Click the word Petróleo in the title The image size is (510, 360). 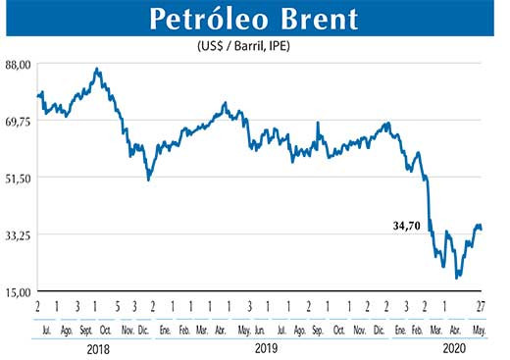(x=205, y=21)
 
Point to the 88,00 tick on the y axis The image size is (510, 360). (x=20, y=64)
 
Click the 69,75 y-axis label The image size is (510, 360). (x=20, y=121)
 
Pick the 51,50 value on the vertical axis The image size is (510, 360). (x=20, y=178)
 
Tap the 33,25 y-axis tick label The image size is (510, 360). (x=20, y=234)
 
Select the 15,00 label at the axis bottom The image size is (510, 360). (x=20, y=291)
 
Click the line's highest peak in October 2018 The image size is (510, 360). (x=96, y=69)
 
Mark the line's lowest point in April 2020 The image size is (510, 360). (x=457, y=279)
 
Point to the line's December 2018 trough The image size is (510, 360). (x=148, y=180)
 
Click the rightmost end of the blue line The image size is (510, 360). (x=481, y=230)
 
